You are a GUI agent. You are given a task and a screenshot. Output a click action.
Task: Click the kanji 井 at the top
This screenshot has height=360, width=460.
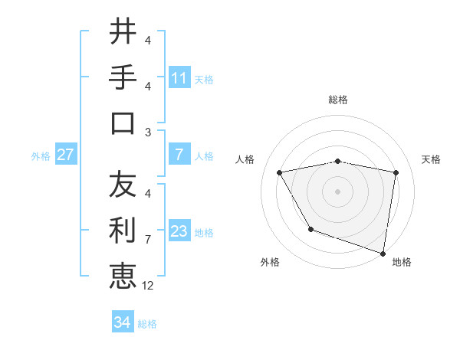pyautogui.click(x=123, y=32)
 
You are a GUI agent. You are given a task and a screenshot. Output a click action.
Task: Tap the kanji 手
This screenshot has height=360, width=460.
pyautogui.click(x=123, y=77)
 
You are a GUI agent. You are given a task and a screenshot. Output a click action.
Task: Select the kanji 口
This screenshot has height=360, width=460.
pyautogui.click(x=123, y=123)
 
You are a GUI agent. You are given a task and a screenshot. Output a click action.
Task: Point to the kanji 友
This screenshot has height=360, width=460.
pyautogui.click(x=123, y=185)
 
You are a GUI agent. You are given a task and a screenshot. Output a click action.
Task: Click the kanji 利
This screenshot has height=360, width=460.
pyautogui.click(x=123, y=230)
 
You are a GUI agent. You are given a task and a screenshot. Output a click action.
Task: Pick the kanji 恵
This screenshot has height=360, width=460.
pyautogui.click(x=123, y=276)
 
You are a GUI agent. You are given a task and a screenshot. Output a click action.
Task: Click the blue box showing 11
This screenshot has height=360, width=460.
pyautogui.click(x=179, y=78)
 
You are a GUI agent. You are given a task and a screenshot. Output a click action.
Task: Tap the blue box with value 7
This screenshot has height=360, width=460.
pyautogui.click(x=179, y=155)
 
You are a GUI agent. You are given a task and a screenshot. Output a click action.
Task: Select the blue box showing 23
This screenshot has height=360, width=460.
pyautogui.click(x=179, y=232)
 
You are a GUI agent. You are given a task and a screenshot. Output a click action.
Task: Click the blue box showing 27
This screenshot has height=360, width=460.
pyautogui.click(x=66, y=155)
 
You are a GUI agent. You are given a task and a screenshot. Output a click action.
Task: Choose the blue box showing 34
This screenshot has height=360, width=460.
pyautogui.click(x=122, y=322)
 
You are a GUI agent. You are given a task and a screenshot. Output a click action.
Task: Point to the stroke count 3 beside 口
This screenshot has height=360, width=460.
pyautogui.click(x=148, y=132)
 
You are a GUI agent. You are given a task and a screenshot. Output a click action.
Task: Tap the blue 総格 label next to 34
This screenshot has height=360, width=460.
pyautogui.click(x=147, y=324)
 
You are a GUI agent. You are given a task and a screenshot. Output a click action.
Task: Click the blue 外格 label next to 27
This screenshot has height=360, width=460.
pyautogui.click(x=41, y=156)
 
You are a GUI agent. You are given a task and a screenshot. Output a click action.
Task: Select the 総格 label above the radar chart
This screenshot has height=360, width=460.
pyautogui.click(x=338, y=100)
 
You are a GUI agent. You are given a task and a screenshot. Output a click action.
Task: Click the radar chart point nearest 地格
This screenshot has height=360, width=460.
pyautogui.click(x=383, y=253)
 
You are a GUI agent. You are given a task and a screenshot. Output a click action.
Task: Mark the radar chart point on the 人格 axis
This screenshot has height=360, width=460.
pyautogui.click(x=280, y=172)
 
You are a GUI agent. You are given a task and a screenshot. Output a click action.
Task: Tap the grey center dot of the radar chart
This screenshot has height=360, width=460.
pyautogui.click(x=338, y=191)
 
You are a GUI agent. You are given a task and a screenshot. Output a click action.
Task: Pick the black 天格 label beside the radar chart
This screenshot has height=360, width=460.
pyautogui.click(x=431, y=159)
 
